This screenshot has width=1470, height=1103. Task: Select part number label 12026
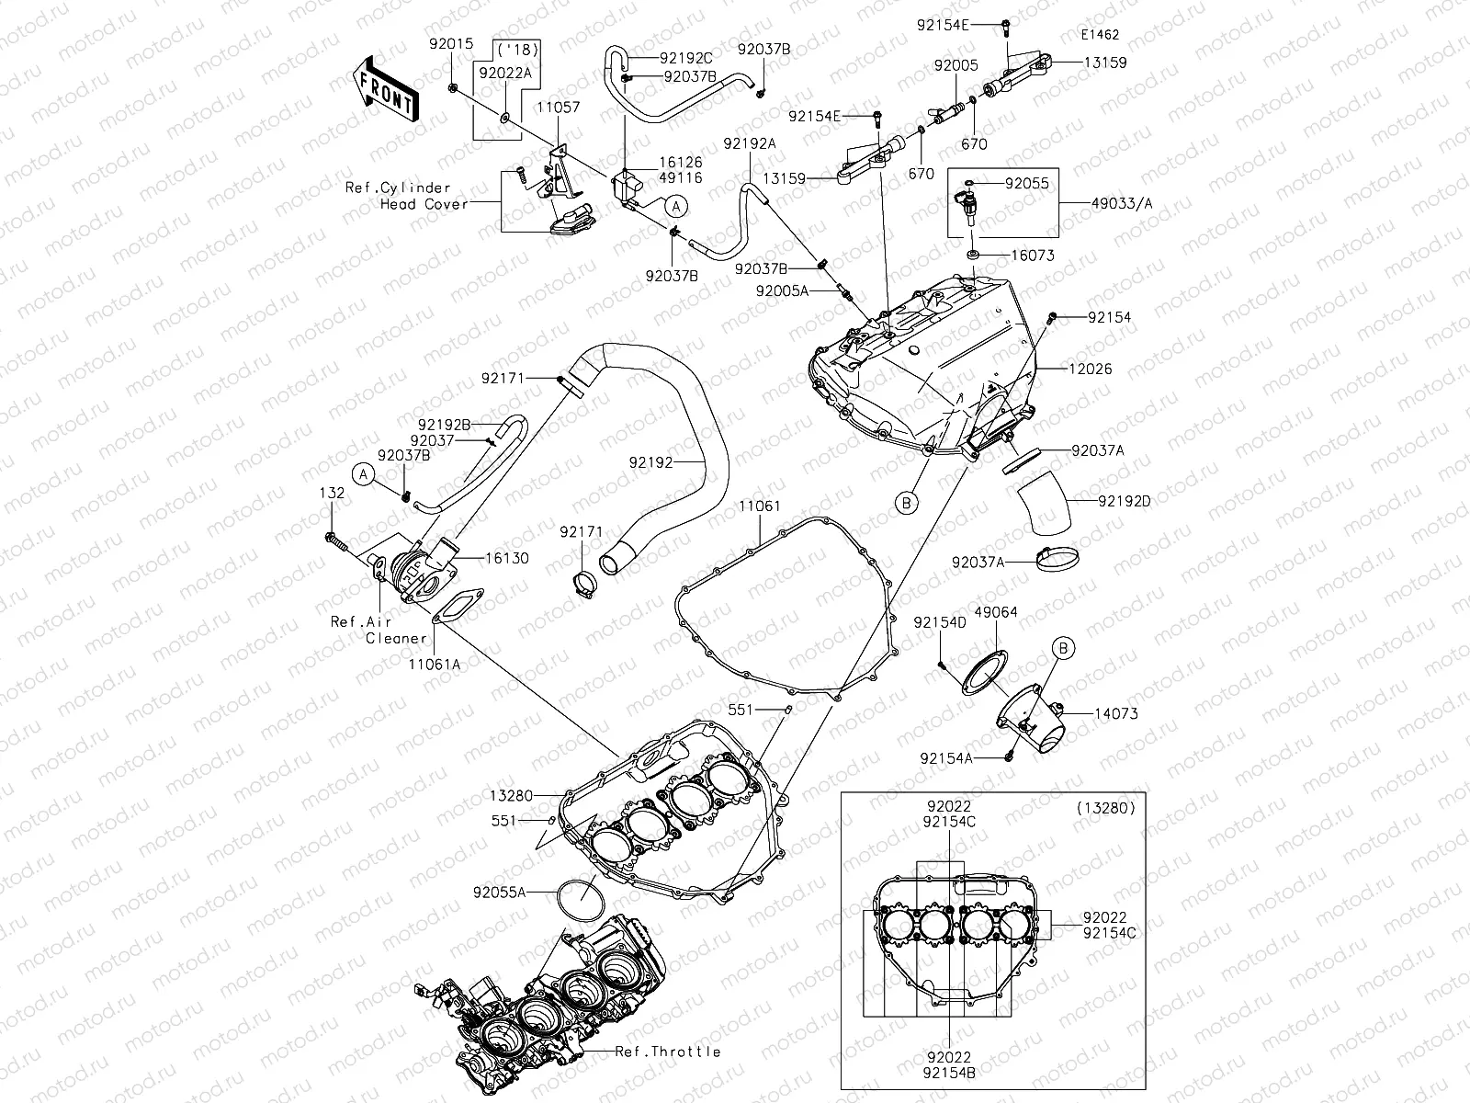tap(1091, 370)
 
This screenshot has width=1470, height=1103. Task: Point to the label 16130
tap(507, 558)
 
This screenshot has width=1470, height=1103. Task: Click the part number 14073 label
tap(1116, 713)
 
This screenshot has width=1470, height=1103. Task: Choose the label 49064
tap(995, 612)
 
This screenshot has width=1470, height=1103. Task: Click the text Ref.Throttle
tap(667, 1052)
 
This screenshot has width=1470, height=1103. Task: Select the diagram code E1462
tap(1100, 35)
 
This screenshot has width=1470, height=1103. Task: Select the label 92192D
tap(1124, 502)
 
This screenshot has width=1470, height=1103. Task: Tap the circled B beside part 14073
tap(1063, 649)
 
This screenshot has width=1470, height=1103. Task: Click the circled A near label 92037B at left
tap(365, 474)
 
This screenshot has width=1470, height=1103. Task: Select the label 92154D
tap(940, 622)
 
